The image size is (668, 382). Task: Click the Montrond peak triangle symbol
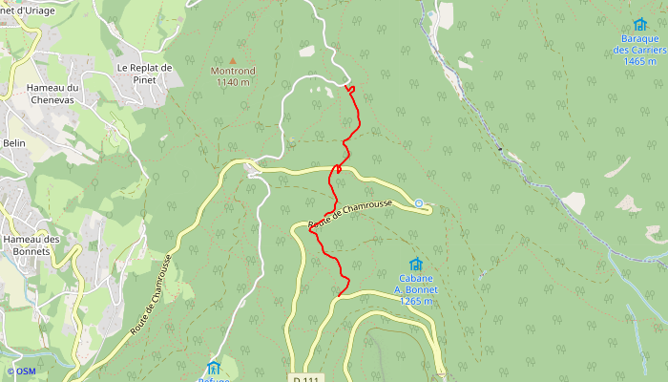tap(232, 61)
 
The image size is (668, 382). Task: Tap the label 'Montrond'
tap(232, 72)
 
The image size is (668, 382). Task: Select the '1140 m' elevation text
tap(232, 82)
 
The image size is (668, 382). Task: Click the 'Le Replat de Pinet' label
tap(144, 74)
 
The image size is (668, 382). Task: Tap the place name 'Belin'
tap(14, 142)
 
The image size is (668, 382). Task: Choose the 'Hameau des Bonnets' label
tap(31, 244)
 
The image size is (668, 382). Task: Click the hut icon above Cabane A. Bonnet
tap(416, 265)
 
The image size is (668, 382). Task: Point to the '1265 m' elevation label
tap(417, 301)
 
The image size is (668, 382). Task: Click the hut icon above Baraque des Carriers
tap(639, 24)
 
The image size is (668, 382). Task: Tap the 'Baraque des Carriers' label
tap(638, 45)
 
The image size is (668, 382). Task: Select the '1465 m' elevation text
tap(638, 60)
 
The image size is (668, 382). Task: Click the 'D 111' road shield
tap(305, 378)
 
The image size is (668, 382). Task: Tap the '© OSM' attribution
tap(20, 371)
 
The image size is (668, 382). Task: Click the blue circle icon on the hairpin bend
tap(419, 202)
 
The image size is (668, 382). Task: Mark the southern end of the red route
tap(339, 295)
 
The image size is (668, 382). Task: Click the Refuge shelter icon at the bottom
tap(214, 367)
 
